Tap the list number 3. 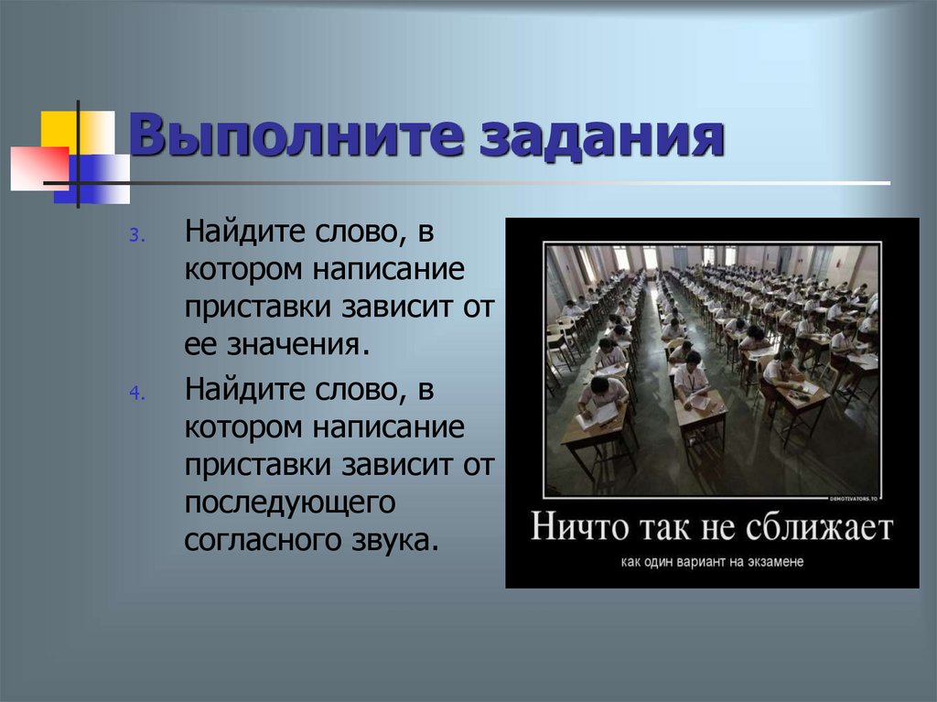[x=135, y=235]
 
